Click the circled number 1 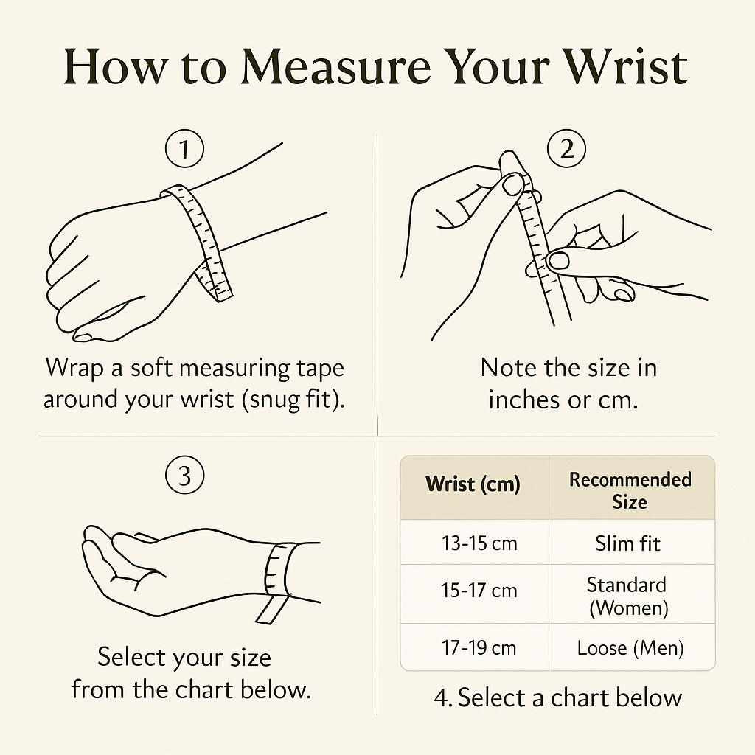(184, 148)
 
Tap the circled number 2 (567, 148)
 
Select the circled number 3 (185, 475)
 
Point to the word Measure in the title (335, 67)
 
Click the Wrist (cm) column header (473, 484)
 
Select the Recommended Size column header (630, 490)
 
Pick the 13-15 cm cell (479, 543)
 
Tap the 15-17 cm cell (479, 591)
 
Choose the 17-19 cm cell (479, 647)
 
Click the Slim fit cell (627, 543)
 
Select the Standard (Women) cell (628, 596)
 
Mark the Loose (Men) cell (630, 648)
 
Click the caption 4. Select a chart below (557, 697)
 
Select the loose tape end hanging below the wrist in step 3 (271, 610)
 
